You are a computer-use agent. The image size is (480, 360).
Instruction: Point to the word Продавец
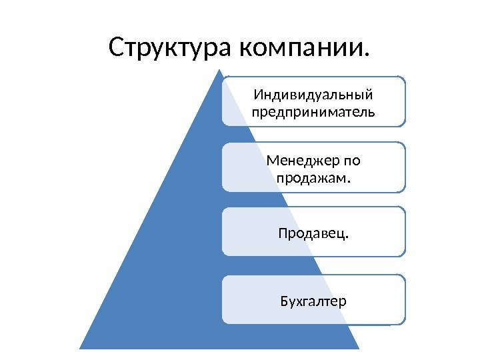tap(312, 234)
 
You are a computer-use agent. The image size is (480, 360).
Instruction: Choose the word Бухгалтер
tap(313, 301)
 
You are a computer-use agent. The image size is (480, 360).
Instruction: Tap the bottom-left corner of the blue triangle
tap(80, 349)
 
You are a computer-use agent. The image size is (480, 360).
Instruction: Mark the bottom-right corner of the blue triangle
tap(359, 349)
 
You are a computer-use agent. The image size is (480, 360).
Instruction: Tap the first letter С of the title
tap(117, 48)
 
